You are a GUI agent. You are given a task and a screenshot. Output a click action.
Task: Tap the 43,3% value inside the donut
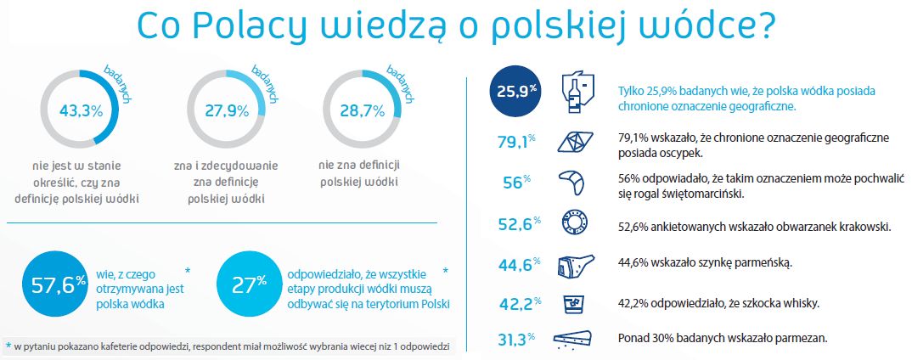pos(81,110)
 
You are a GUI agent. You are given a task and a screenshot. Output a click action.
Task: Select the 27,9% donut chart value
pos(227,110)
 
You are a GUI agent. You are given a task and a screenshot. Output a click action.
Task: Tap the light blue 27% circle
pos(250,284)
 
